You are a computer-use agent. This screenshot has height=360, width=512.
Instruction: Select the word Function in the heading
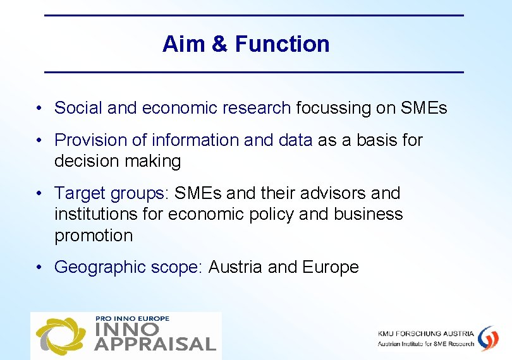click(x=282, y=44)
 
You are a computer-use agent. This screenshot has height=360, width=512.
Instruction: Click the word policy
click(x=271, y=215)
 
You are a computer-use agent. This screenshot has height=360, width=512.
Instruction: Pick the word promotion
click(x=94, y=236)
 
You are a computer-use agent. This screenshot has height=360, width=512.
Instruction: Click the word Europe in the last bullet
click(x=330, y=267)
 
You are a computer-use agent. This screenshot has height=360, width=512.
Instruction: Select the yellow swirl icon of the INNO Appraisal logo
click(x=60, y=335)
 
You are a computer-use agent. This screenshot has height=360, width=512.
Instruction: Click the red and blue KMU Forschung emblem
click(x=487, y=338)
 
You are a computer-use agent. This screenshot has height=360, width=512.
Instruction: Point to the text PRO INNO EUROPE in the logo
click(x=132, y=318)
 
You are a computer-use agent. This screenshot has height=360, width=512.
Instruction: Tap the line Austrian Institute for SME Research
click(x=425, y=344)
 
